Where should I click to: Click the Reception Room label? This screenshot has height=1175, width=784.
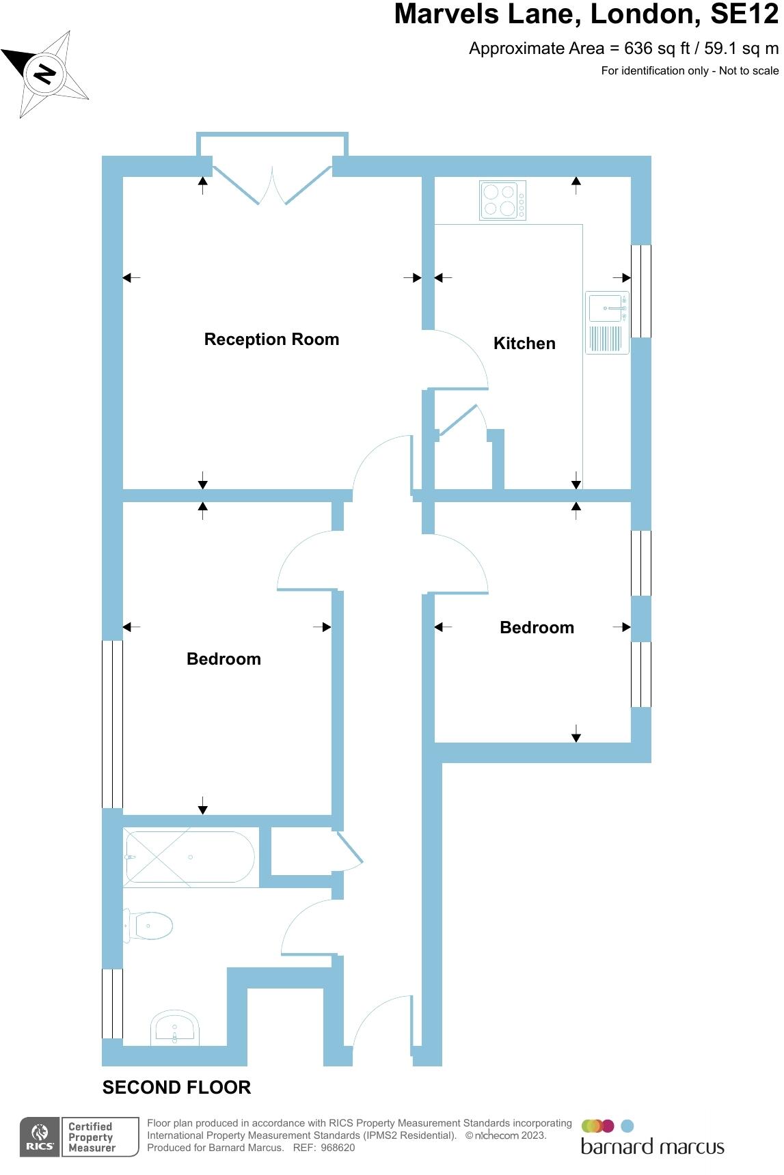point(271,340)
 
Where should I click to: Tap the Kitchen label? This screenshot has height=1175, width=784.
point(524,344)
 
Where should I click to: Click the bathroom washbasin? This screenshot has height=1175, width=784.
point(176,1028)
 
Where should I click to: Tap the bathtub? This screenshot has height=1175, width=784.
point(190,857)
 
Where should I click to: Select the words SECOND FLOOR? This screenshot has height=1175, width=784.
point(176,1088)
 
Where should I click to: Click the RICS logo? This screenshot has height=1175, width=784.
point(40,1137)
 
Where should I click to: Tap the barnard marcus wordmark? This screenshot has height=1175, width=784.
point(652,1146)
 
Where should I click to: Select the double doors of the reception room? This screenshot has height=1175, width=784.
point(272,184)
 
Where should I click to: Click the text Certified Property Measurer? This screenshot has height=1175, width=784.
point(92,1137)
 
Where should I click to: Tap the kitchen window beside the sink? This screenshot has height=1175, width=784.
point(640,291)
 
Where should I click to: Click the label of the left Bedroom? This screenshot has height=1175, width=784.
point(224,659)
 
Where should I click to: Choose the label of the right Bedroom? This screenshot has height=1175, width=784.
point(537,628)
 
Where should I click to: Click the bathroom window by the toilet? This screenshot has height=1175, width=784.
point(112,1003)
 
